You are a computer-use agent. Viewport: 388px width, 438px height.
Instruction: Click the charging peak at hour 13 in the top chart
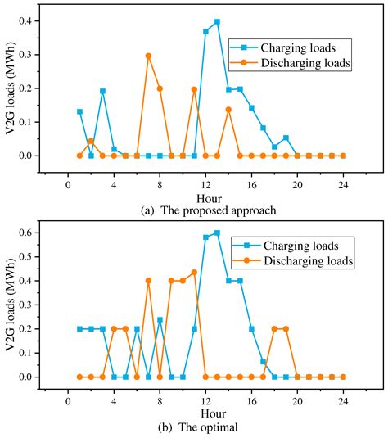(217, 21)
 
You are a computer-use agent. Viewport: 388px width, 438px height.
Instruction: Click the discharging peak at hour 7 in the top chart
(148, 56)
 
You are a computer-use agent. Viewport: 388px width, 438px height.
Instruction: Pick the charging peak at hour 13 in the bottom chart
(217, 233)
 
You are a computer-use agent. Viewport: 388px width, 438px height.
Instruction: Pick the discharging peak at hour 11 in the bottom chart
(194, 272)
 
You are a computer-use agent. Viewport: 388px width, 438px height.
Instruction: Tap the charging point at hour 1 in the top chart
(79, 111)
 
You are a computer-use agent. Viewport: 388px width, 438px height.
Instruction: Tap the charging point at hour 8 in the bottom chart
(160, 319)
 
